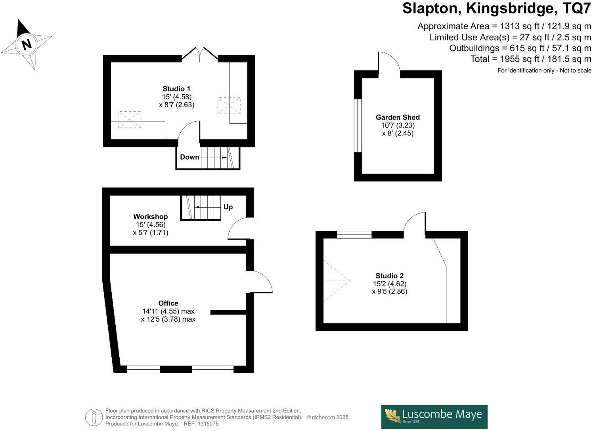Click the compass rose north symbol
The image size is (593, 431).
(26, 44)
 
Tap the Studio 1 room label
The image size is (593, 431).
(176, 89)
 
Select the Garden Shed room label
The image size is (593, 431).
(398, 117)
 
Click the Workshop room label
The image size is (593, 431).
(150, 217)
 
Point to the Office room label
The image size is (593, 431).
(168, 303)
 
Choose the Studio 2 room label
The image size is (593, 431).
(389, 276)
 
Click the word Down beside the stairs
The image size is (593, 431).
(189, 157)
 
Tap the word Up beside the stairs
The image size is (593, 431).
(228, 207)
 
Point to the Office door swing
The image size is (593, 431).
(260, 282)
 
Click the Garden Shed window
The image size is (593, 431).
(358, 126)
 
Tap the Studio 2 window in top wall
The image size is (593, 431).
(354, 235)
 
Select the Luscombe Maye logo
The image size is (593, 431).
(434, 416)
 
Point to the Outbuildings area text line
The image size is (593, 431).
(520, 48)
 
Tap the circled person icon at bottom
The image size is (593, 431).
(94, 417)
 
